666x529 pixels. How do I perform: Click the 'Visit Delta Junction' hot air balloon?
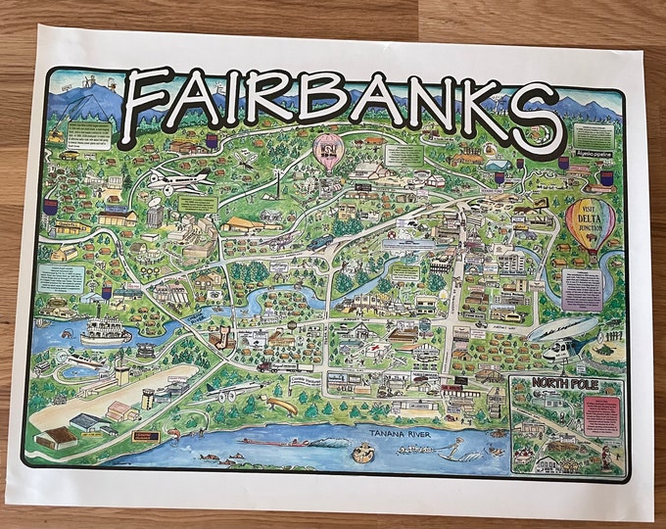pos(591,224)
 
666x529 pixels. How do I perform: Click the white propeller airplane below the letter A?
pos(179,181)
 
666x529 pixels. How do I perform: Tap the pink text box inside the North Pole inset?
pos(600,415)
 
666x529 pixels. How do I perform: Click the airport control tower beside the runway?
pos(122,368)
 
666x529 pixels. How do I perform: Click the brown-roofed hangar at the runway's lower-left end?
pos(57,437)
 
